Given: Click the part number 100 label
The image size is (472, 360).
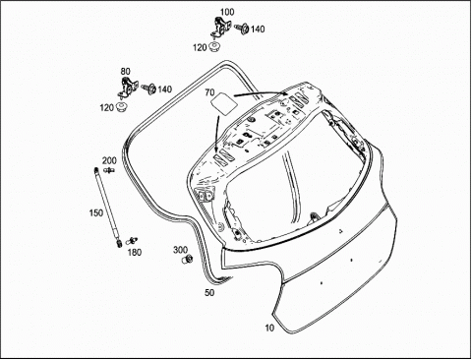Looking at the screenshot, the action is [x=227, y=12].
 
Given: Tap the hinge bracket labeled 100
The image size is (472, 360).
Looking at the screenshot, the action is [x=220, y=28].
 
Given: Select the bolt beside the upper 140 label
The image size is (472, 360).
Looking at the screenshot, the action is [x=241, y=29].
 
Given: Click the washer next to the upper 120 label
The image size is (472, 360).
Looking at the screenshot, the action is [x=214, y=46].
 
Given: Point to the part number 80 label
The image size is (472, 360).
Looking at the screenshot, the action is [x=125, y=72].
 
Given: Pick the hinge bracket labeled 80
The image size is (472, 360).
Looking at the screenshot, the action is [x=127, y=88].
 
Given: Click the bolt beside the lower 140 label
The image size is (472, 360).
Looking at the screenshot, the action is [x=149, y=88].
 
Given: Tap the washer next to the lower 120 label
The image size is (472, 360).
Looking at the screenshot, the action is [x=122, y=107].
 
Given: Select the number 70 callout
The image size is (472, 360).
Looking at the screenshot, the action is [x=209, y=92].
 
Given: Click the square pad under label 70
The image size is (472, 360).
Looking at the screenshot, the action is [x=223, y=102].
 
